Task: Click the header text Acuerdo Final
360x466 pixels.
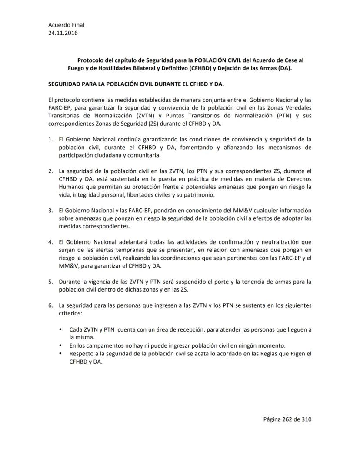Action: pos(66,25)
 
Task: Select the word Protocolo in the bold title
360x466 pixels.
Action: pos(91,60)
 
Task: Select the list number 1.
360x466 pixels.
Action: pos(50,140)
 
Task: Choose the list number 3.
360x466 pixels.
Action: pos(50,211)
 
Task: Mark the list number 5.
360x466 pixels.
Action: pos(50,282)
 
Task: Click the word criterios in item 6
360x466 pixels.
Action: pos(72,313)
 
